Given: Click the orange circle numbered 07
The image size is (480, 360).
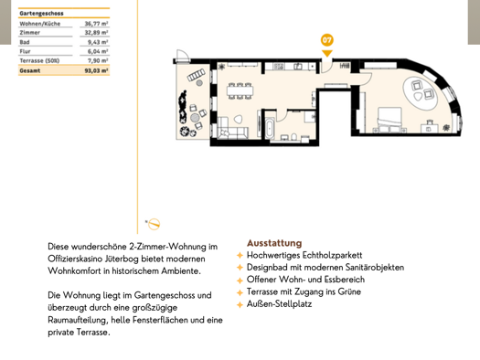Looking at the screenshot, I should coord(326,40).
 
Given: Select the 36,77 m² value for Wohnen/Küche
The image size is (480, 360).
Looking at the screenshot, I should coord(96,24).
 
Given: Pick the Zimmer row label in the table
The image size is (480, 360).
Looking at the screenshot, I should coord(30,33).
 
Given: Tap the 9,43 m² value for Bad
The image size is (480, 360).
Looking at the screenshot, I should coord(98,42).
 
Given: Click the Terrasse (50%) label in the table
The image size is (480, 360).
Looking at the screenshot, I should coord(40,60).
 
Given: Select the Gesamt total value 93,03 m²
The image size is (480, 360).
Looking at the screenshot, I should coord(96,69).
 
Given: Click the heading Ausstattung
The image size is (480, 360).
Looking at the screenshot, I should coord(273,243).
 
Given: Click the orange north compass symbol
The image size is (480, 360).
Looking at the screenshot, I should coord(154,223).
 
